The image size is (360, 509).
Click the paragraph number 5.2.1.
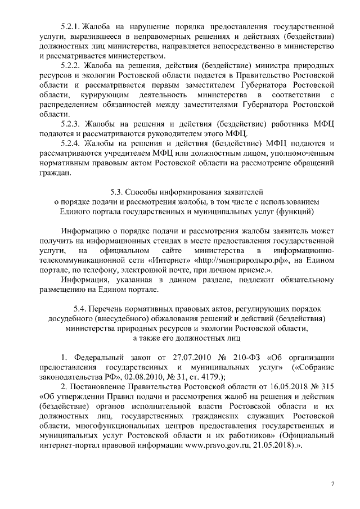click(x=70, y=26)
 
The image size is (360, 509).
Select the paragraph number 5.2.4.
click(x=71, y=143)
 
